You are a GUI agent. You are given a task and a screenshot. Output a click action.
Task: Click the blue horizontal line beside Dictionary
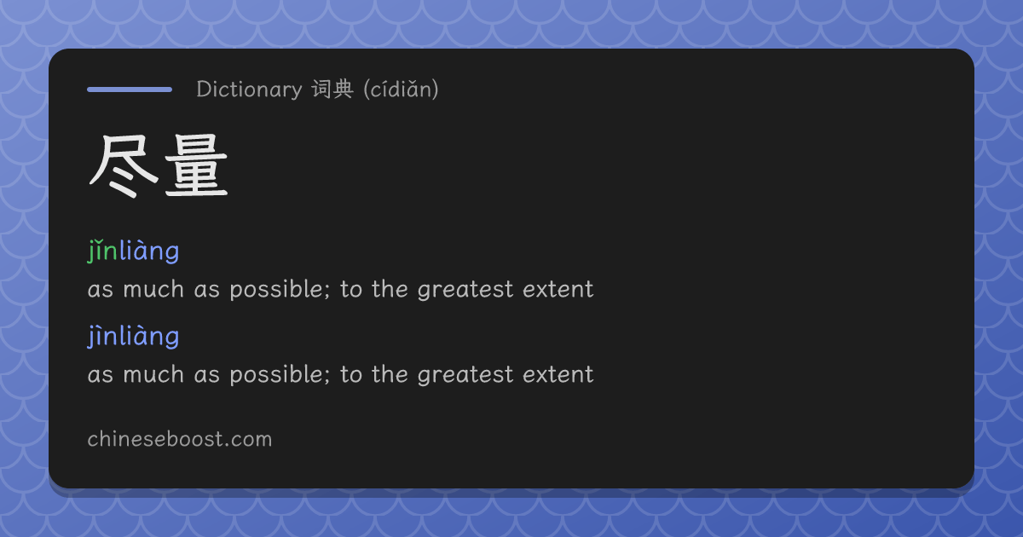[130, 89]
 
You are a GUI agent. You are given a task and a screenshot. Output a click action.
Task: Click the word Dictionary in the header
[249, 89]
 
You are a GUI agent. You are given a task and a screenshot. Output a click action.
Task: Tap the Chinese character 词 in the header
[321, 89]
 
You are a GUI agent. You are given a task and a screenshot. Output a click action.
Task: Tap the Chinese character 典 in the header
[343, 89]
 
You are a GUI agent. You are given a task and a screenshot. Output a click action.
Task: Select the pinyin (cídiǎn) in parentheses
[401, 89]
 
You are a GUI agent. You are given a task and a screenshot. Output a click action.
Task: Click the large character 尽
[124, 165]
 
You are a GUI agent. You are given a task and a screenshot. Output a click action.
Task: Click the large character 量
[196, 165]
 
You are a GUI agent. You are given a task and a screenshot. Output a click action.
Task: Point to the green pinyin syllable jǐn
[103, 251]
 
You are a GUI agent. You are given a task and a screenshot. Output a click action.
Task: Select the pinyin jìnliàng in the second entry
[133, 337]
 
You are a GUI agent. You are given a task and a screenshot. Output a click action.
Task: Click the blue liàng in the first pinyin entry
[149, 251]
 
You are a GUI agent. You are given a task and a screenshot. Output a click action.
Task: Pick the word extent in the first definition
[558, 290]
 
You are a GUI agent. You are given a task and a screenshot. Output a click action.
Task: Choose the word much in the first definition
[153, 290]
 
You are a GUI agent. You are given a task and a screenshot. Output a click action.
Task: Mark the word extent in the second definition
[558, 375]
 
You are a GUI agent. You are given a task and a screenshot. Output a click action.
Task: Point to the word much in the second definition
[153, 375]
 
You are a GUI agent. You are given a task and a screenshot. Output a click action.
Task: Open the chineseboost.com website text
[180, 439]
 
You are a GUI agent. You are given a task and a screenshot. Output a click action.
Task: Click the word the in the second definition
[390, 374]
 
